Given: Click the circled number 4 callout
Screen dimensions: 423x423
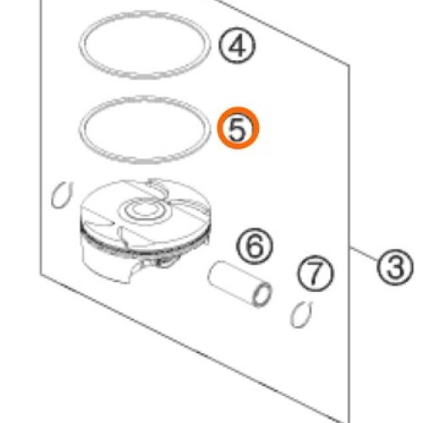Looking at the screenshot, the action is click(237, 46).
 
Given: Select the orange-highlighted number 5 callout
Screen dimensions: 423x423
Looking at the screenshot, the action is click(238, 128).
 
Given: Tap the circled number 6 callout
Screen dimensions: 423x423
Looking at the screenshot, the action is click(255, 246).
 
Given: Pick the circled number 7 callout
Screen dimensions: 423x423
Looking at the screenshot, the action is click(315, 273).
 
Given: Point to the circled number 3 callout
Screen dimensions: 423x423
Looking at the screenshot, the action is click(395, 266).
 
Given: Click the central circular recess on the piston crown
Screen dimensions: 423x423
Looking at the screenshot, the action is click(144, 211).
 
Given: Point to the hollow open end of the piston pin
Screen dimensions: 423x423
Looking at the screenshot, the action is click(262, 294).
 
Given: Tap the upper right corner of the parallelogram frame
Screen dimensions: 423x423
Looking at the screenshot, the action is click(349, 65).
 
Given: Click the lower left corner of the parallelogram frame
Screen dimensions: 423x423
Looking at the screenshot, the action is click(41, 273).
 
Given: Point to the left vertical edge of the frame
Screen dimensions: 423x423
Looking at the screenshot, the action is click(41, 137).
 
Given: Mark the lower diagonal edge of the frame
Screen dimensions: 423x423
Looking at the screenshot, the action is click(195, 349).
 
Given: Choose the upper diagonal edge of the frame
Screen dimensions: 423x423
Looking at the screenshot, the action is click(282, 32).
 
